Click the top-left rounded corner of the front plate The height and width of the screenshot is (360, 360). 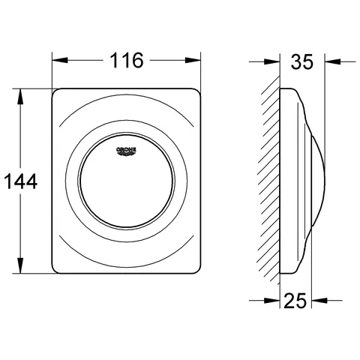click(57, 94)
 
